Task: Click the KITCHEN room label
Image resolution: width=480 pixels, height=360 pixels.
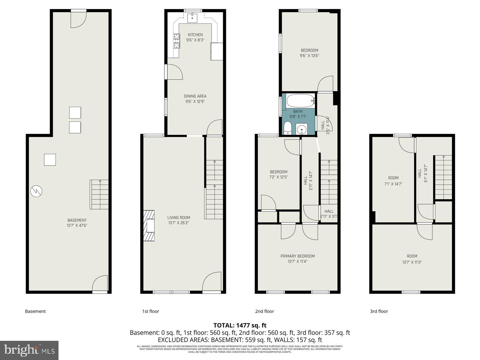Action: [195, 35]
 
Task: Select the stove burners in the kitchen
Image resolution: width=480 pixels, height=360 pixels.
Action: [176, 41]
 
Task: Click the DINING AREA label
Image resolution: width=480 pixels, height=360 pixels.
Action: [195, 96]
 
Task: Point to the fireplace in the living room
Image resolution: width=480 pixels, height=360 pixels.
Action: [149, 225]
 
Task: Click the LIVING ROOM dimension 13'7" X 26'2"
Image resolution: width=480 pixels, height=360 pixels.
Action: [179, 223]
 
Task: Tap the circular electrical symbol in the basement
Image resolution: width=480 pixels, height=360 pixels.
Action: [36, 191]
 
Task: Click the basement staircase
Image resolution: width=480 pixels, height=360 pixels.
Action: [99, 194]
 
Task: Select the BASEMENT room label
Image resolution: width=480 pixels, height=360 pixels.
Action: [77, 220]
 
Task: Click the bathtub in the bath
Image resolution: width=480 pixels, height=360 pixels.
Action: [300, 101]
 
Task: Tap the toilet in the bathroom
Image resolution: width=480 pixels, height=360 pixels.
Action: [287, 128]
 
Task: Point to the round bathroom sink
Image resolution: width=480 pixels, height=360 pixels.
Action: [301, 129]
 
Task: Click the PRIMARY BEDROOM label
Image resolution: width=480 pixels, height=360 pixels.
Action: [298, 256]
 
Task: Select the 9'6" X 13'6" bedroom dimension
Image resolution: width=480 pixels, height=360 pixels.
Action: [310, 55]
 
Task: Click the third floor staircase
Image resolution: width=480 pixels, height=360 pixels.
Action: [443, 177]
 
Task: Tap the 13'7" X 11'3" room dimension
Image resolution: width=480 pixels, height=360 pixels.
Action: [412, 262]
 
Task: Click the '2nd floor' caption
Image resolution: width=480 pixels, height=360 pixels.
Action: [264, 311]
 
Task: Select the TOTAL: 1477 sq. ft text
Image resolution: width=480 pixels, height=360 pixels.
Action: [240, 325]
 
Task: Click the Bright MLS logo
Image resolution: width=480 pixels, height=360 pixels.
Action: [29, 350]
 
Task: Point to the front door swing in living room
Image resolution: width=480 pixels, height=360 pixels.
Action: [213, 282]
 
